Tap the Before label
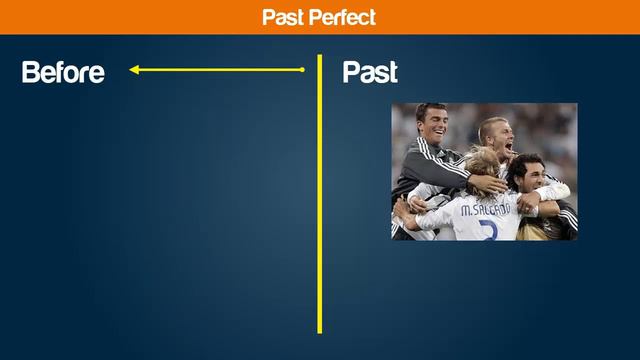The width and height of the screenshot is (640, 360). (x=62, y=72)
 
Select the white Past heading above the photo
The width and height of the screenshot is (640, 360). (x=369, y=72)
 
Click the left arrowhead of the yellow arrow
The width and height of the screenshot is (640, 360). (x=134, y=70)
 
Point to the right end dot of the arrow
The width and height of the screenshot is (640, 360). (x=303, y=70)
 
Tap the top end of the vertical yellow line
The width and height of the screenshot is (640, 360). (x=320, y=57)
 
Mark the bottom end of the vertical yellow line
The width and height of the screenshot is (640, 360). (x=320, y=331)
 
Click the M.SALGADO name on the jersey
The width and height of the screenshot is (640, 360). (x=485, y=209)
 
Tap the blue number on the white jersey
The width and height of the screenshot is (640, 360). (x=487, y=230)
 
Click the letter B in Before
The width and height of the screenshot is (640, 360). (x=30, y=72)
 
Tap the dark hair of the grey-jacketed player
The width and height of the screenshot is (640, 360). (x=431, y=109)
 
